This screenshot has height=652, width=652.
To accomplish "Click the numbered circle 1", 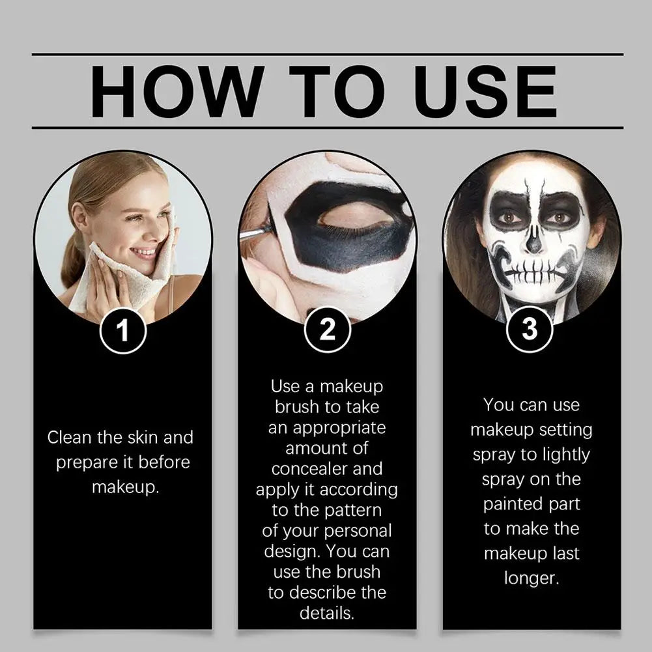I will [x=122, y=332].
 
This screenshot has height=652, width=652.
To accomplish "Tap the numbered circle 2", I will [x=327, y=330].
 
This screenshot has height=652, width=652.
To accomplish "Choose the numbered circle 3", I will [x=530, y=330].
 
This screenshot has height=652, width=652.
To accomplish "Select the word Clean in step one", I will [x=70, y=438].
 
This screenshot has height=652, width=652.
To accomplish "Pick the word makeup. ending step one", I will [x=124, y=487].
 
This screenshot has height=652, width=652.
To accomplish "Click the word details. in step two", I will [x=327, y=613].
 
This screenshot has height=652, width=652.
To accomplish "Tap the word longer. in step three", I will [x=532, y=578].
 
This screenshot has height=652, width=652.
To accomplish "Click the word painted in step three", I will [x=513, y=504].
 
